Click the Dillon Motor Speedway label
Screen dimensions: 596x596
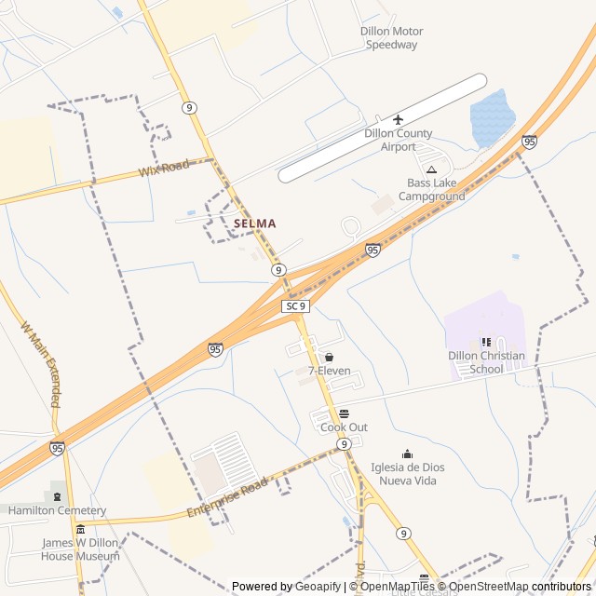391,38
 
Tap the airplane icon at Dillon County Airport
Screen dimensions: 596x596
399,119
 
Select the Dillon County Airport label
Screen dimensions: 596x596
399,140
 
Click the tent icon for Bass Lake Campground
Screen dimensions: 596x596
431,169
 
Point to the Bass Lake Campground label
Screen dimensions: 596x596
431,190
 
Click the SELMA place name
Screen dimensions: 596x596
254,223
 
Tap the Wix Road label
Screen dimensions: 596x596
163,169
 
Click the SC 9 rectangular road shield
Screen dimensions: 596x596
296,305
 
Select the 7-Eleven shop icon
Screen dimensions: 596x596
329,357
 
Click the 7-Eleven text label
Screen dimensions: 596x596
329,371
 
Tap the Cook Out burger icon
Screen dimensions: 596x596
344,413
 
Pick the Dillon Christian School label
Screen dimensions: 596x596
486,362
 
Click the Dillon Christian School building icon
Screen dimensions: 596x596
486,342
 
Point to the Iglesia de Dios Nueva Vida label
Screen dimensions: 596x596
407,474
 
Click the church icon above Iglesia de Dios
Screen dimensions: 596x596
406,454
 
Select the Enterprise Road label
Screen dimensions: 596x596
226,498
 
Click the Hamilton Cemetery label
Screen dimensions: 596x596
57,510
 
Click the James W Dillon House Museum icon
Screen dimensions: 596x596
80,529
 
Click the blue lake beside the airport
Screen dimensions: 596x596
492,119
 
